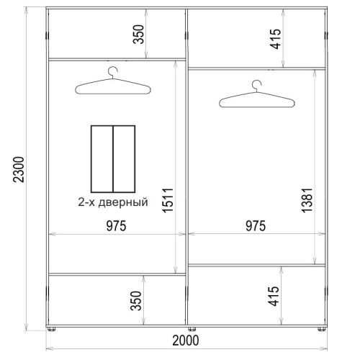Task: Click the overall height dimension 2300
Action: coord(19,170)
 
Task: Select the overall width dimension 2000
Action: coord(186,341)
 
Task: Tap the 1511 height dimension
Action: coord(168,200)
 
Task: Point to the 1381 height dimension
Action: coord(307,200)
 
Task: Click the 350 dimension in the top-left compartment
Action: coord(138,35)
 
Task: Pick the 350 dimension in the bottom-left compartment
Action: coord(135,301)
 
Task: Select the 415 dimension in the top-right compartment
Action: coord(275,39)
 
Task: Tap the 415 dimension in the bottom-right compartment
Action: coord(274,296)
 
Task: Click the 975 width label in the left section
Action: coord(116,226)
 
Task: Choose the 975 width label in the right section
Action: coord(256,226)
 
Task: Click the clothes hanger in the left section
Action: coord(113,88)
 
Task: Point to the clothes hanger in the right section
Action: coord(257,101)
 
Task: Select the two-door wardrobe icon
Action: coord(113,159)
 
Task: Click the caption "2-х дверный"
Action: coord(113,202)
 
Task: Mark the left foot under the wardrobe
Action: coord(51,329)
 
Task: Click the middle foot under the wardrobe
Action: coord(192,329)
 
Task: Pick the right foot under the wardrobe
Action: coord(322,329)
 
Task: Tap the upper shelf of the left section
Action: coord(117,59)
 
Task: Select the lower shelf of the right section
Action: coord(256,265)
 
